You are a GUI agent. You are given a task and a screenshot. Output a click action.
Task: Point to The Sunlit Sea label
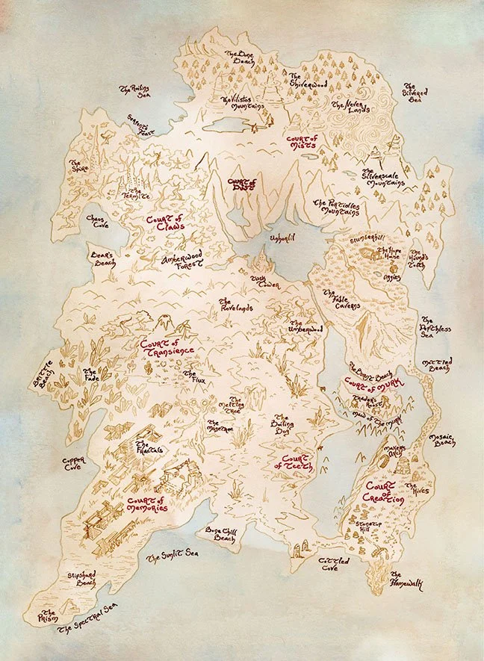click(x=172, y=557)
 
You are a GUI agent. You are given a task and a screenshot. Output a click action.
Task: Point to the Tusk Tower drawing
click(x=262, y=261)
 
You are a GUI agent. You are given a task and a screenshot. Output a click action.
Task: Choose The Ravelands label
click(x=236, y=305)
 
